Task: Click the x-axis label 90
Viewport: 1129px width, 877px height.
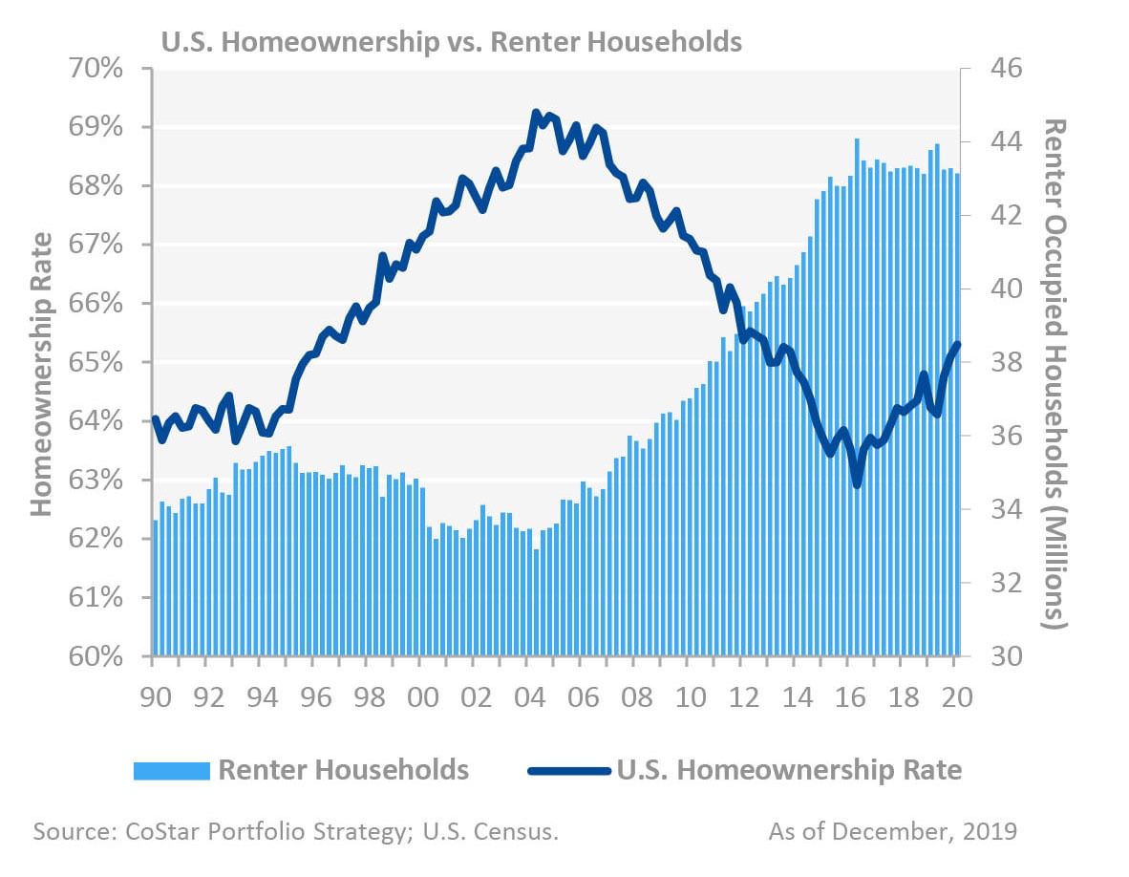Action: click(156, 696)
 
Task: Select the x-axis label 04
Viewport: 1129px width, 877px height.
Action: click(530, 696)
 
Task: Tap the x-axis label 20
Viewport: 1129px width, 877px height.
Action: click(957, 696)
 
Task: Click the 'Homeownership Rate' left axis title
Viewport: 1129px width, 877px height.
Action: click(40, 364)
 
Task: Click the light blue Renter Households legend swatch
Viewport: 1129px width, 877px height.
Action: click(171, 770)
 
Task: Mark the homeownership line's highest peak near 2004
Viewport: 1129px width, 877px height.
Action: click(536, 113)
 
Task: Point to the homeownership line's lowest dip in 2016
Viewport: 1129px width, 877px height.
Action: click(857, 484)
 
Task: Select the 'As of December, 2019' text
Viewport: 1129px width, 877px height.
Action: click(893, 831)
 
